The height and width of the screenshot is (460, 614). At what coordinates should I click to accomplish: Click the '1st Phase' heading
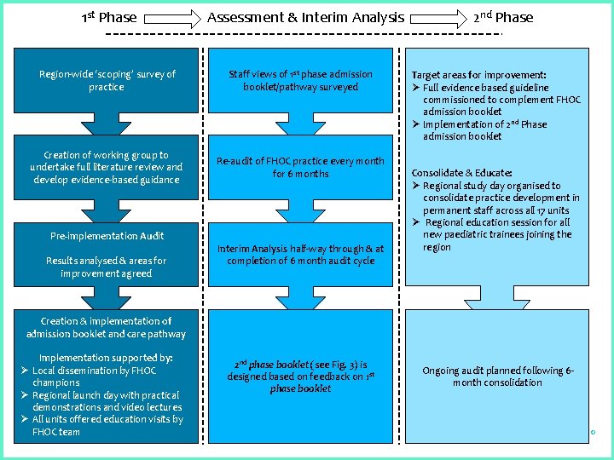tap(108, 17)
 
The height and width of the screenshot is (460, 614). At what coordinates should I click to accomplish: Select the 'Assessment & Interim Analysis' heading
tap(306, 17)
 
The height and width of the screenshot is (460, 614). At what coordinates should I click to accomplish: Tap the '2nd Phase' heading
tap(503, 17)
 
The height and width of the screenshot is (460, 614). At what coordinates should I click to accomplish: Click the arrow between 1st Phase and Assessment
tap(171, 17)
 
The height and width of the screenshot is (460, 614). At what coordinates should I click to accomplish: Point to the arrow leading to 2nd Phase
tap(437, 17)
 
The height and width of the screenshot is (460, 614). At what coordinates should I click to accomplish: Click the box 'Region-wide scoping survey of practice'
tap(107, 81)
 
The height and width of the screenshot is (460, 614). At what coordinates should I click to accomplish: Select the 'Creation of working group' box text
tap(107, 167)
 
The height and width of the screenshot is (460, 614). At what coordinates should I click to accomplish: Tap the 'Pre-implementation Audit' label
tap(107, 236)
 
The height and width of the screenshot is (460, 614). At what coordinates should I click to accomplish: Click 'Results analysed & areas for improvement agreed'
tap(107, 267)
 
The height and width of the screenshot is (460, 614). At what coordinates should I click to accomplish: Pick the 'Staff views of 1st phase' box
tap(300, 81)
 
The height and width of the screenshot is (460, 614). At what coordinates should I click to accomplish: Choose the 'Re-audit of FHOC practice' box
tap(300, 167)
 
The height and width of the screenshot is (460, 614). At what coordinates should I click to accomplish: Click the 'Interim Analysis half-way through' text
tap(300, 255)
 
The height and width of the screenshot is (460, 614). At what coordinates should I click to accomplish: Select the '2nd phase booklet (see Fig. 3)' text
tap(300, 377)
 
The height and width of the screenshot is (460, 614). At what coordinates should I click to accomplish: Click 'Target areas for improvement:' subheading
tap(478, 75)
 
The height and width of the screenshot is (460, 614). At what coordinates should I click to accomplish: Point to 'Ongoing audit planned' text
tap(498, 377)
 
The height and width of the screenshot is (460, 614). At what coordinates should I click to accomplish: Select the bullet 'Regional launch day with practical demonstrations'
tap(106, 401)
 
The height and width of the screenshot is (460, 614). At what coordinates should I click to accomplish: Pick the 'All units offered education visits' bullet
tap(106, 425)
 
